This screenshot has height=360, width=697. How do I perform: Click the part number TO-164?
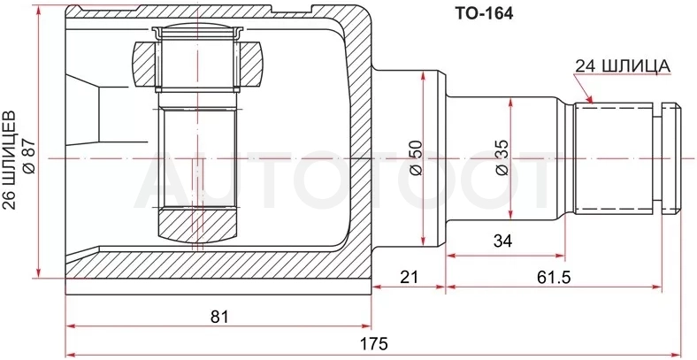(483, 14)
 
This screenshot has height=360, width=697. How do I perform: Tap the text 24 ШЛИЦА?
(623, 66)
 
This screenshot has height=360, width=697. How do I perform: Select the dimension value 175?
(375, 343)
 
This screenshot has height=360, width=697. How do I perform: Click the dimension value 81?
(219, 317)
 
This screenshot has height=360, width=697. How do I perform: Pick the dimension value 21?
(410, 278)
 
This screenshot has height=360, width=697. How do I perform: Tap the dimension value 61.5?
(553, 278)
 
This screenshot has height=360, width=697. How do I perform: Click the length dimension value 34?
(502, 241)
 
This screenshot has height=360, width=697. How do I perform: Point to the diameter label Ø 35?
(502, 158)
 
